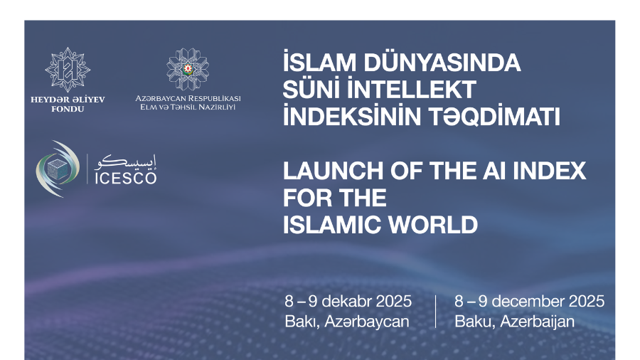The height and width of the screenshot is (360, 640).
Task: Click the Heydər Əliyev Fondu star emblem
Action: pyautogui.click(x=68, y=69)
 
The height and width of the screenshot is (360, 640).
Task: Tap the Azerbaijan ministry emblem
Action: pyautogui.click(x=188, y=68)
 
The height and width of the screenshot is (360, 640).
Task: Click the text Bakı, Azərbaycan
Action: pyautogui.click(x=346, y=321)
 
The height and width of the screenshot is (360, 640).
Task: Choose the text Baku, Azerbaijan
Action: pyautogui.click(x=514, y=321)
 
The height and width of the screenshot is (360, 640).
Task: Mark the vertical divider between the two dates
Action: pyautogui.click(x=435, y=311)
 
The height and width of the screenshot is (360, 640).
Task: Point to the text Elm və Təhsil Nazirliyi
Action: pyautogui.click(x=188, y=107)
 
